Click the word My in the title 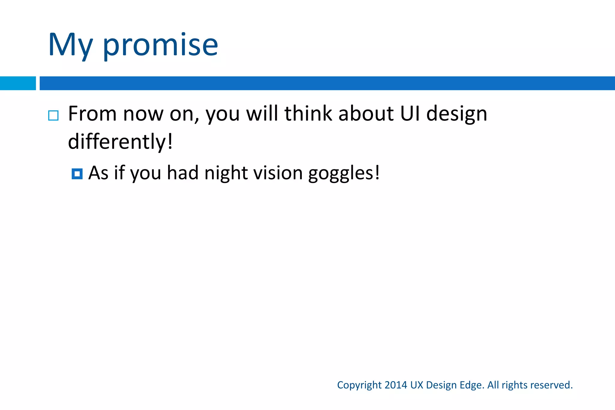(70, 45)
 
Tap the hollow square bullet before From (53, 115)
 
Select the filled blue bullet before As (77, 174)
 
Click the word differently (120, 141)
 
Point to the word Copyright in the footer (359, 385)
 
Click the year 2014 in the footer (395, 385)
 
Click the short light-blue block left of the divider (18, 83)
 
